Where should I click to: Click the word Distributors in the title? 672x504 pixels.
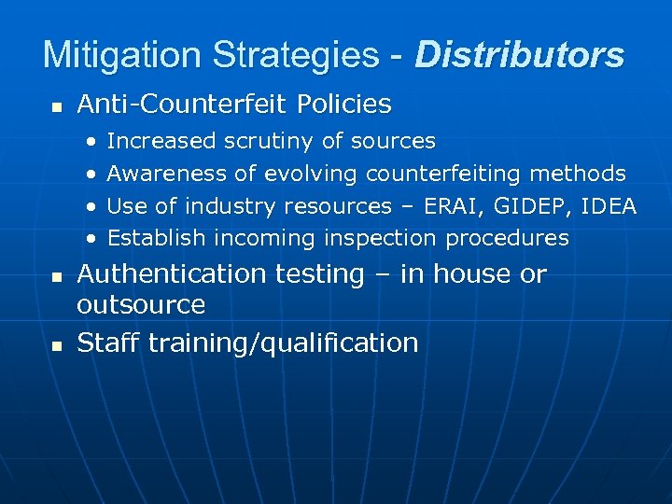pos(520,55)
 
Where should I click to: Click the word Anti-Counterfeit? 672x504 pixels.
pos(182,105)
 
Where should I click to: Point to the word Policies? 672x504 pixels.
pos(344,105)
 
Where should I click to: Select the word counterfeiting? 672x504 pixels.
pos(443,174)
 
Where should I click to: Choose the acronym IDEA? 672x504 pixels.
pos(609,206)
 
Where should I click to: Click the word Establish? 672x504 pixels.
pos(155,238)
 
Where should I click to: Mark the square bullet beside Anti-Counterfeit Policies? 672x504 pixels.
pos(56,107)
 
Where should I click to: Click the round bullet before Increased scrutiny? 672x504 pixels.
pos(91,142)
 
